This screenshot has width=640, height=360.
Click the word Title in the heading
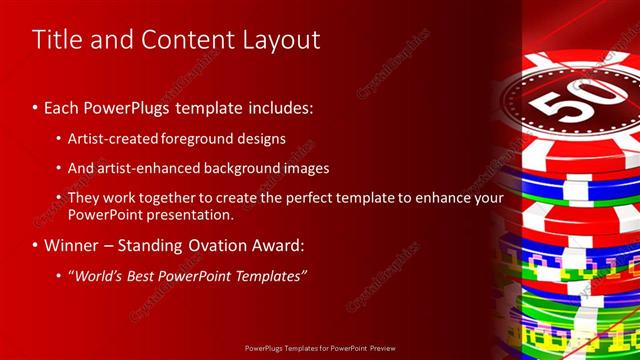56,40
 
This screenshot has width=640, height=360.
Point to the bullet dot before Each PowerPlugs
37,106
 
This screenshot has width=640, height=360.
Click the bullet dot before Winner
37,245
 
